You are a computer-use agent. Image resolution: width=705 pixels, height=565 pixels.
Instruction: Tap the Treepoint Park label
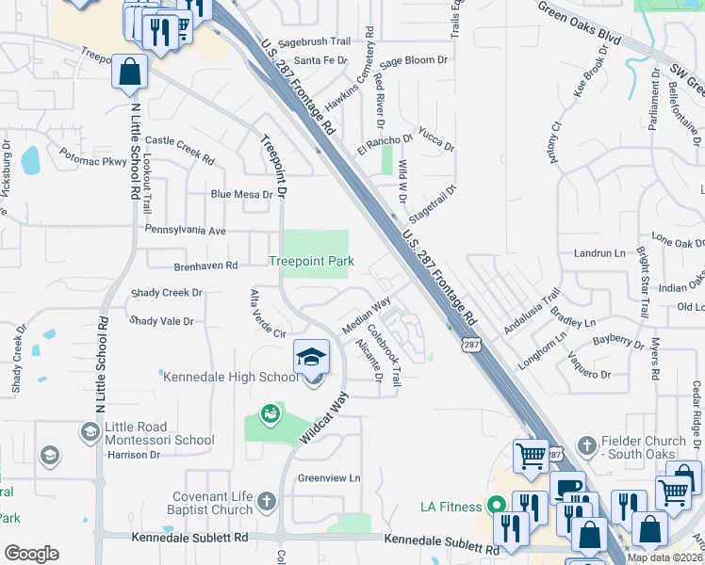311,261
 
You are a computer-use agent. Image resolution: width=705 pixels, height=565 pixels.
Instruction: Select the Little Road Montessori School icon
90,431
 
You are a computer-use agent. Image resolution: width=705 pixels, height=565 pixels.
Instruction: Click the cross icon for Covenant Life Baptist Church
267,501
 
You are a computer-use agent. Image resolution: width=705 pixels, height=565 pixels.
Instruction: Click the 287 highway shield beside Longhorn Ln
467,346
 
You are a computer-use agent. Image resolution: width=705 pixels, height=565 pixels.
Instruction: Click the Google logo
31,554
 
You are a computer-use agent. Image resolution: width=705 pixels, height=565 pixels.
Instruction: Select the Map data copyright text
664,557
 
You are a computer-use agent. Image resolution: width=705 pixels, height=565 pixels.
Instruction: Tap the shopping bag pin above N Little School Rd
129,73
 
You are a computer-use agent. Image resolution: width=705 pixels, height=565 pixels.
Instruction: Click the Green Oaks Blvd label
580,24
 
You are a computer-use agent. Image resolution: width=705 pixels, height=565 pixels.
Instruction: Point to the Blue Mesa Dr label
241,195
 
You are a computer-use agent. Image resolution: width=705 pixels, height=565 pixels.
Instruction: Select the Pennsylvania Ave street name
185,230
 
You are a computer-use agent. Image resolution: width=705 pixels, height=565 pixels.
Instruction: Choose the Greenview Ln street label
329,477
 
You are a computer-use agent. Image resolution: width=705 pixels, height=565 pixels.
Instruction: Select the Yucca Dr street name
437,141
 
